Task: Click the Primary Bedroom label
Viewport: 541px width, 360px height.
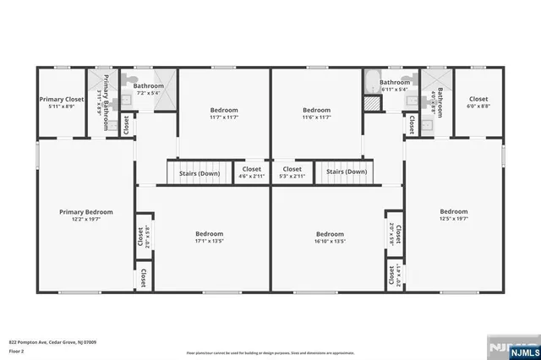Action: tap(85, 212)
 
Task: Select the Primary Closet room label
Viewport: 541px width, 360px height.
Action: tap(62, 99)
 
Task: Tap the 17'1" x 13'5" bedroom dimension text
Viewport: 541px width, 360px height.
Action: tap(210, 241)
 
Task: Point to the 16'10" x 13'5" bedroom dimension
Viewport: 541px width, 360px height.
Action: tap(330, 241)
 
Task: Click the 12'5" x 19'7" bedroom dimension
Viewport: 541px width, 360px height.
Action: tap(453, 218)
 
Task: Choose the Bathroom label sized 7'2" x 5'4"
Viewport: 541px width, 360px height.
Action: tap(148, 92)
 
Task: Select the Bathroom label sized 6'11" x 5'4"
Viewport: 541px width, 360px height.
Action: tap(394, 89)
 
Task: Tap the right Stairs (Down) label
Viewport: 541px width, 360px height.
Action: tap(347, 172)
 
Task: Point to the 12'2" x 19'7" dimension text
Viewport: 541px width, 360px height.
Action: tap(85, 219)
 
